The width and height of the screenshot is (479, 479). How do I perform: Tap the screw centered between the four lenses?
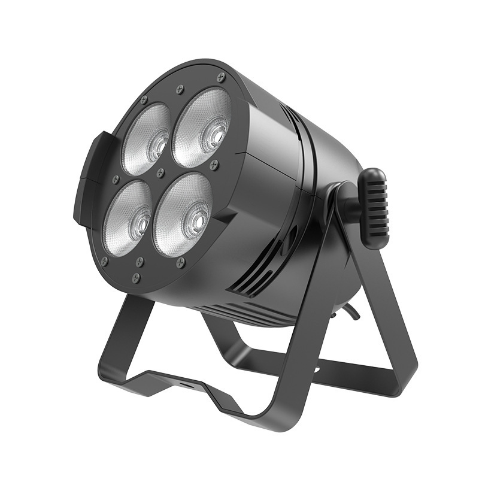click(160, 173)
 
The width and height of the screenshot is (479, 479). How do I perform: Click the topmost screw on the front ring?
click(221, 77)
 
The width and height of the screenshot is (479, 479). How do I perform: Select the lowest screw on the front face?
click(136, 277)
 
